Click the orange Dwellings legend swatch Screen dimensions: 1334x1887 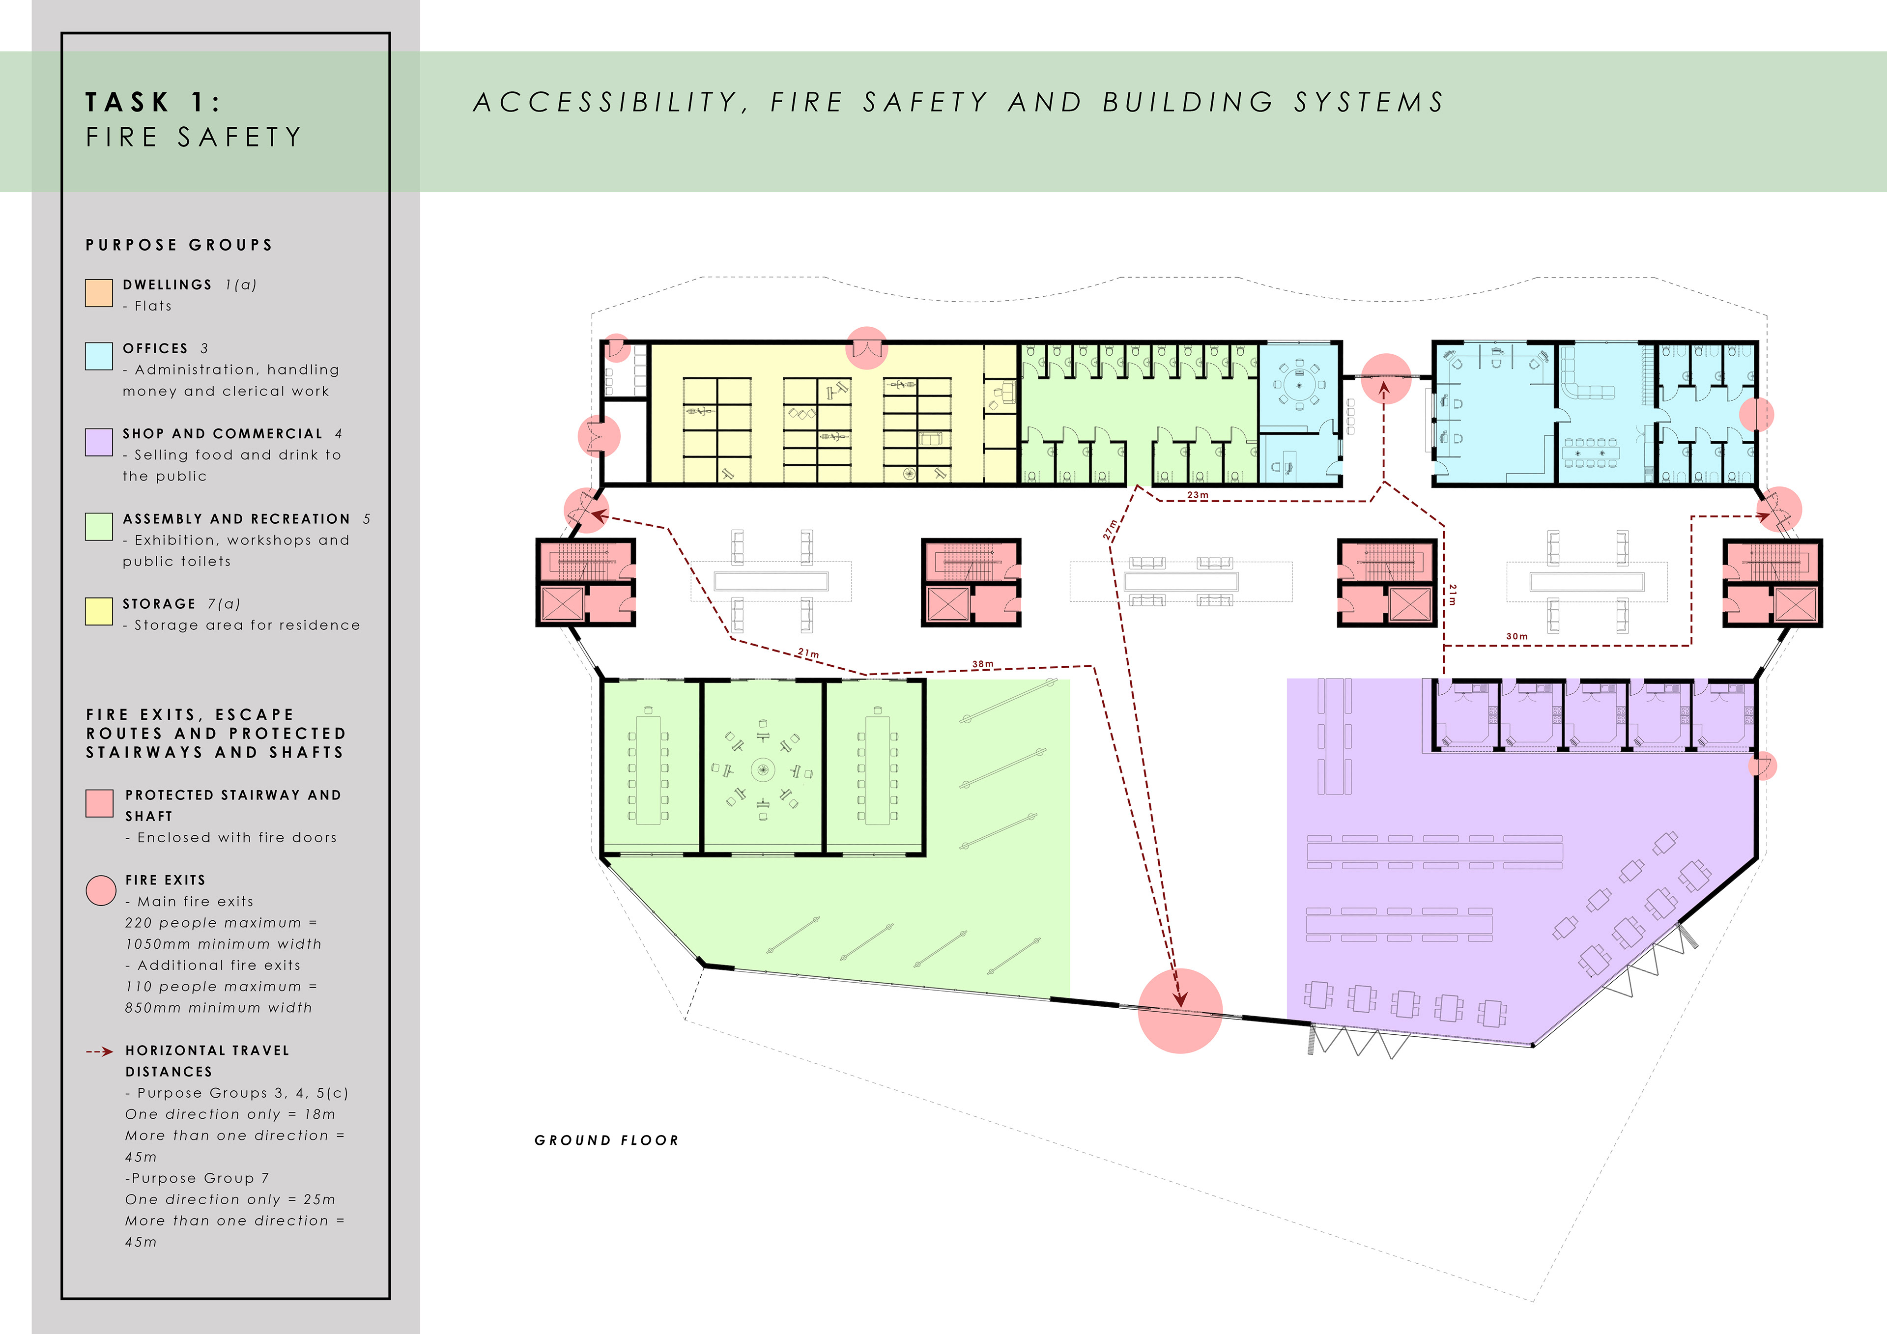click(x=99, y=293)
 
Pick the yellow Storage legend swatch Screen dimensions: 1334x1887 click(x=99, y=612)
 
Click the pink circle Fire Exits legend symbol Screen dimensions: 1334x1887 click(x=100, y=890)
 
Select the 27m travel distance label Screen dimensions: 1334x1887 click(x=1111, y=529)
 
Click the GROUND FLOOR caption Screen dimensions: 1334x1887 click(x=606, y=1140)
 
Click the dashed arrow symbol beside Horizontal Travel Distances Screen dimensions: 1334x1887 click(x=99, y=1051)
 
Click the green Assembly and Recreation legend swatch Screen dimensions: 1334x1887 click(x=99, y=527)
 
